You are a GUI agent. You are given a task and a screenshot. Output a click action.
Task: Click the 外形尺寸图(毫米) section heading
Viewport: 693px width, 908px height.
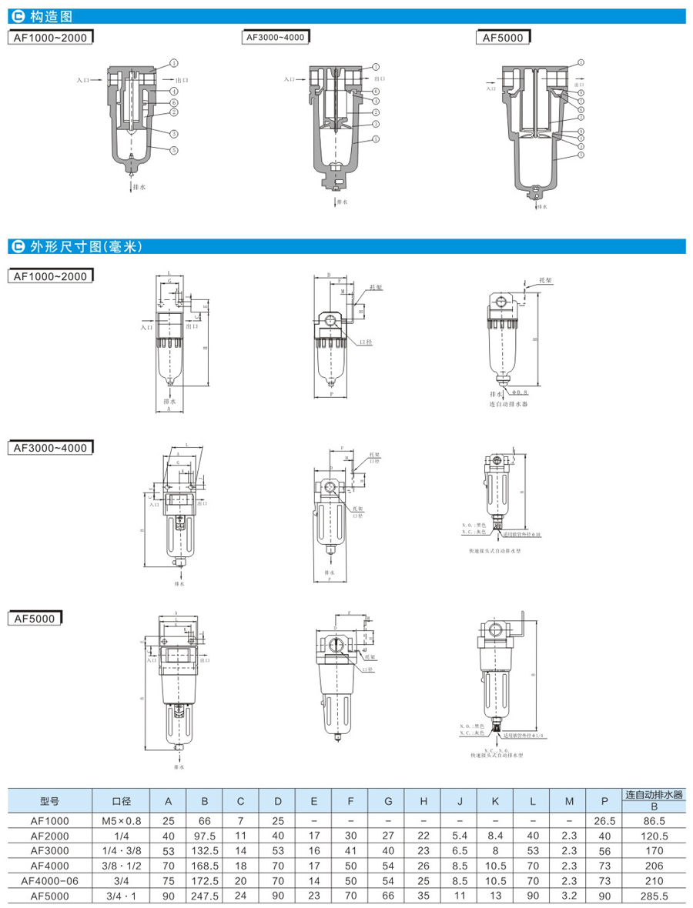tap(85, 247)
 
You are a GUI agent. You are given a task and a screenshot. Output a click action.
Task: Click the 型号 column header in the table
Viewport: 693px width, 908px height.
tap(50, 801)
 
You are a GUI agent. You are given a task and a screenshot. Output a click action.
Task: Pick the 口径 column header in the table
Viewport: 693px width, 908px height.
tap(122, 801)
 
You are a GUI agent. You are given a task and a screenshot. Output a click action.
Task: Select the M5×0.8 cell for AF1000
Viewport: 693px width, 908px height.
tap(122, 821)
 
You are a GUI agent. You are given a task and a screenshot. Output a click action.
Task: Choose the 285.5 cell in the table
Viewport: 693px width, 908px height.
tap(654, 896)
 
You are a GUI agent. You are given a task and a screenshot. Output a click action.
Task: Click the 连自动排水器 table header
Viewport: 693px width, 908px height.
tap(654, 794)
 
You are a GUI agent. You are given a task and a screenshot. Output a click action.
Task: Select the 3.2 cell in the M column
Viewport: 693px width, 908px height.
tap(569, 896)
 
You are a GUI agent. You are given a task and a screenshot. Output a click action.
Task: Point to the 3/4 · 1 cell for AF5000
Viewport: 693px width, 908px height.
tap(122, 896)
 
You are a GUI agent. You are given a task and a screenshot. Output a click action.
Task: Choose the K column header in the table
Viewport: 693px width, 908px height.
tap(496, 801)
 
